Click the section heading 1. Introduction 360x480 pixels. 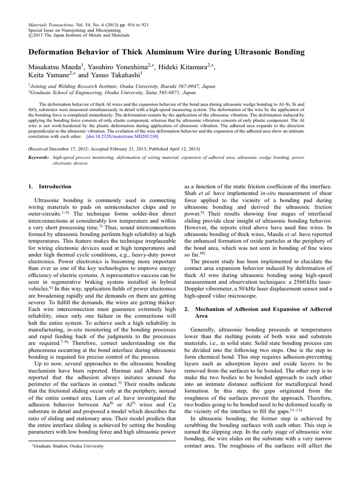[50, 186]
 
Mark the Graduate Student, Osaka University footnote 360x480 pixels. [67, 446]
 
